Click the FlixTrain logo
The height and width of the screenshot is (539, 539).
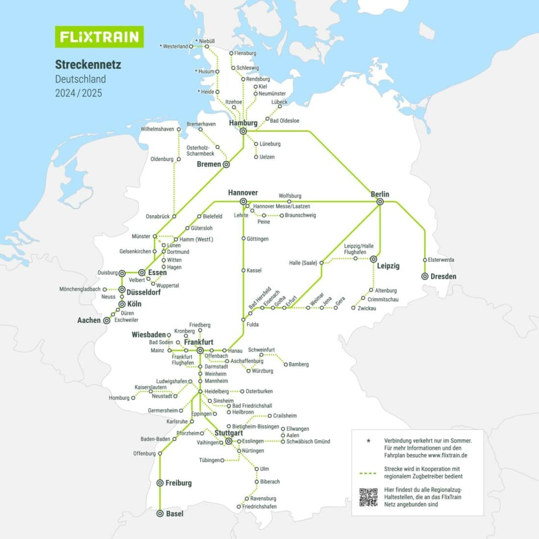click(99, 37)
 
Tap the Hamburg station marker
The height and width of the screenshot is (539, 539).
click(243, 131)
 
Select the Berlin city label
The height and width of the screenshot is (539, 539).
click(380, 194)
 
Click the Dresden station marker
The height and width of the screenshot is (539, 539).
click(425, 276)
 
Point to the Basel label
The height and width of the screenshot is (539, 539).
click(174, 514)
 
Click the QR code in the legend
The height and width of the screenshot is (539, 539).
click(368, 497)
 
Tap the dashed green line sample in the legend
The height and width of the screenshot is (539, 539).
click(368, 473)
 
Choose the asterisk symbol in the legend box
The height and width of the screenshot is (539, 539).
click(368, 441)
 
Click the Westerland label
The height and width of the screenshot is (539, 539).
click(175, 47)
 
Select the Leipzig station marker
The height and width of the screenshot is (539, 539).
click(373, 259)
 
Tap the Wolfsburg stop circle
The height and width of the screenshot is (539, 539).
click(289, 201)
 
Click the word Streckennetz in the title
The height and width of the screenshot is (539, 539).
click(88, 64)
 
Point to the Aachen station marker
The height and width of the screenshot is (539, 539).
click(106, 320)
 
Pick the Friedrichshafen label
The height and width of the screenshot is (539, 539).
click(259, 506)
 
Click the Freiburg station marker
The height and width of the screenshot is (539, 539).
click(160, 483)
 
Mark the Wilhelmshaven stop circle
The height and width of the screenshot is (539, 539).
click(179, 129)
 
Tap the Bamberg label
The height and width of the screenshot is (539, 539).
click(298, 364)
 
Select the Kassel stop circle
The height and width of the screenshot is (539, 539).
click(243, 270)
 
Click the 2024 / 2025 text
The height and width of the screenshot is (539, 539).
click(78, 93)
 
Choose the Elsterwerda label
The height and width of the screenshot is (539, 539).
click(441, 260)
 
